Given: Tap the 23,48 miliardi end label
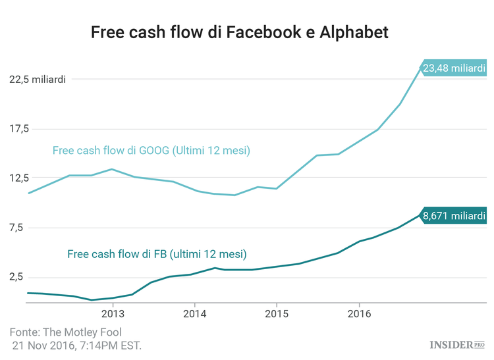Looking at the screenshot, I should pyautogui.click(x=454, y=68).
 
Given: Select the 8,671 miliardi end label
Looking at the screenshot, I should pyautogui.click(x=454, y=215).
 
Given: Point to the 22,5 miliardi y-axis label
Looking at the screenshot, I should pyautogui.click(x=37, y=80).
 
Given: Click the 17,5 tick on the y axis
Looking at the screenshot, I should pyautogui.click(x=20, y=129).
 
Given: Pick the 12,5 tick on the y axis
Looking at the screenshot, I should pyautogui.click(x=20, y=178).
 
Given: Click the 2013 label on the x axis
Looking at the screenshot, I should pyautogui.click(x=113, y=314).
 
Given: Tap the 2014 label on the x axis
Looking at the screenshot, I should pyautogui.click(x=195, y=314).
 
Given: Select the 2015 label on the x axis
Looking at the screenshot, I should pyautogui.click(x=277, y=314).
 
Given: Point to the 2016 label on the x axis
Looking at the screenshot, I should pyautogui.click(x=358, y=314).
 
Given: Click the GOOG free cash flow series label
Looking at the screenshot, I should pyautogui.click(x=151, y=151).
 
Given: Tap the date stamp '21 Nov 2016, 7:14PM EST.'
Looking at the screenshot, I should pyautogui.click(x=76, y=346).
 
